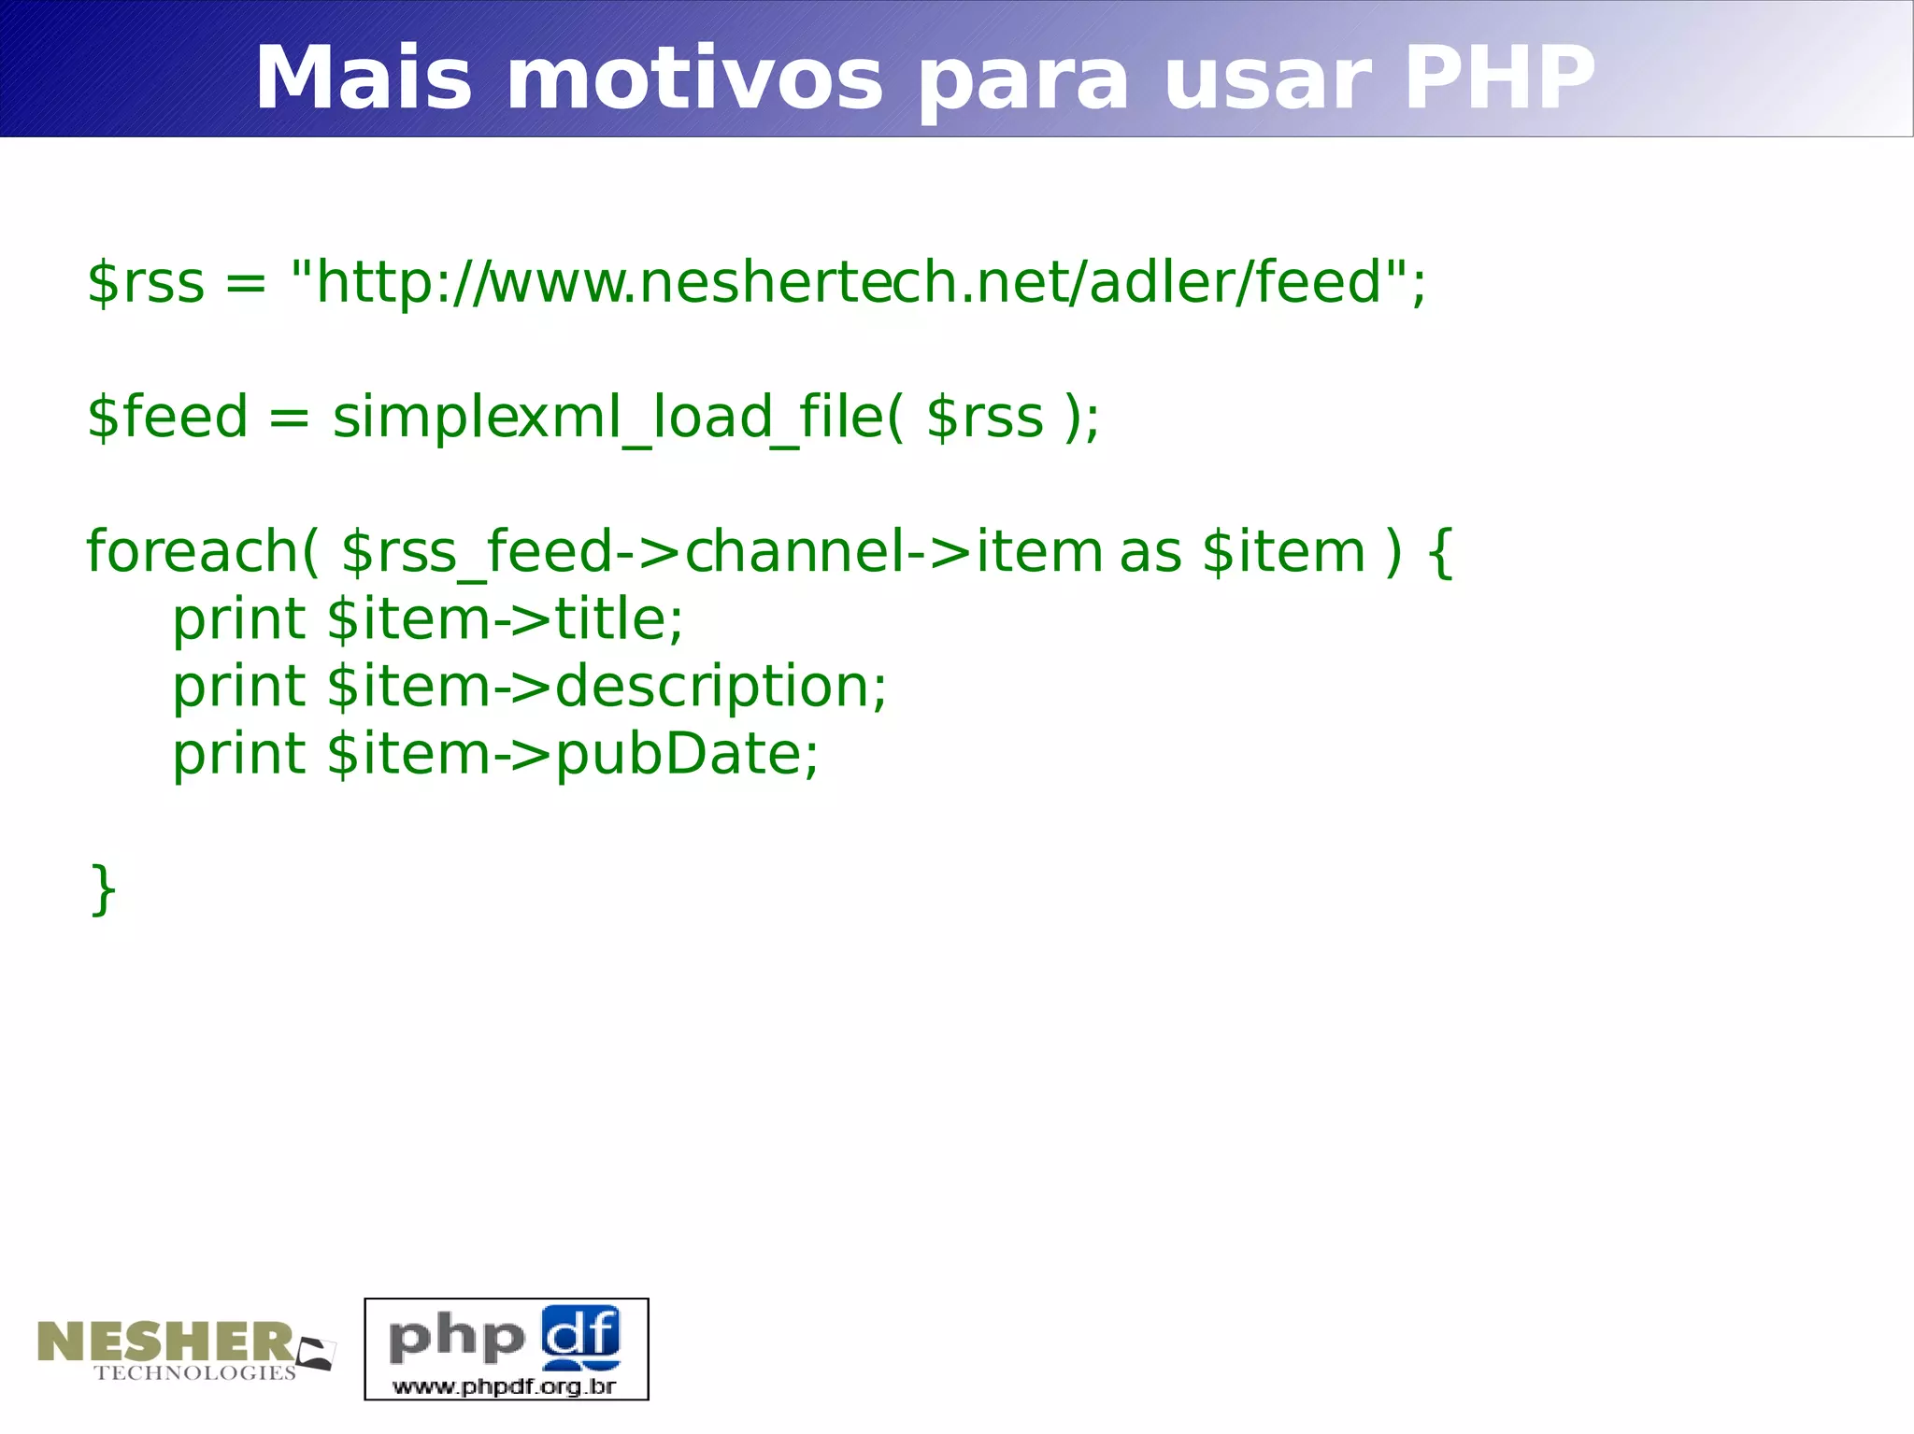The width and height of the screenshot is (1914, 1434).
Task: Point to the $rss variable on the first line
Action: tap(146, 282)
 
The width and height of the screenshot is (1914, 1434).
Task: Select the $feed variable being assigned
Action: tap(167, 417)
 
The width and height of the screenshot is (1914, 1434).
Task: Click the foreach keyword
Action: tap(193, 551)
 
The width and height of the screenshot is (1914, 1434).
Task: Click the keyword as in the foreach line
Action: tap(1150, 551)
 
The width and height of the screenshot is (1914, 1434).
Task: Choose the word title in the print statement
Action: tap(612, 618)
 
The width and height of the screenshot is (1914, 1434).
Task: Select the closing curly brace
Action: tap(104, 889)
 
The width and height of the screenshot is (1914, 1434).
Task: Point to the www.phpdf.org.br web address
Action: tap(505, 1385)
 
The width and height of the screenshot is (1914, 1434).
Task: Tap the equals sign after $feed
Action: tap(290, 419)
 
